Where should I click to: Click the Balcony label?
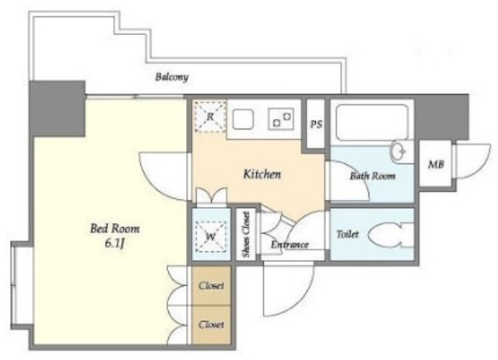tap(171, 77)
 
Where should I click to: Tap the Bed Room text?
tap(114, 229)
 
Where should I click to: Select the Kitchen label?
tap(262, 174)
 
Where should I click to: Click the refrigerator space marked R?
tap(210, 117)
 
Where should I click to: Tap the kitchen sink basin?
tap(243, 119)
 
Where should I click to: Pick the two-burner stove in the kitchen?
tap(281, 119)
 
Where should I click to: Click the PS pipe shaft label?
tap(316, 124)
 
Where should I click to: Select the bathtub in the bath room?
tap(372, 122)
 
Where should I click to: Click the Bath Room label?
tap(372, 176)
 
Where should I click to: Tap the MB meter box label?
tap(436, 164)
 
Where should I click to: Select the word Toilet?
tap(348, 234)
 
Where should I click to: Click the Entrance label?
tap(289, 245)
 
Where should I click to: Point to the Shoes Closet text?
tap(246, 234)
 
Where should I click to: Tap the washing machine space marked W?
tap(211, 236)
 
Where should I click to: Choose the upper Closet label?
tap(211, 285)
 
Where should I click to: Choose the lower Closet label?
tap(211, 324)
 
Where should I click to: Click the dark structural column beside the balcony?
tap(57, 109)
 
